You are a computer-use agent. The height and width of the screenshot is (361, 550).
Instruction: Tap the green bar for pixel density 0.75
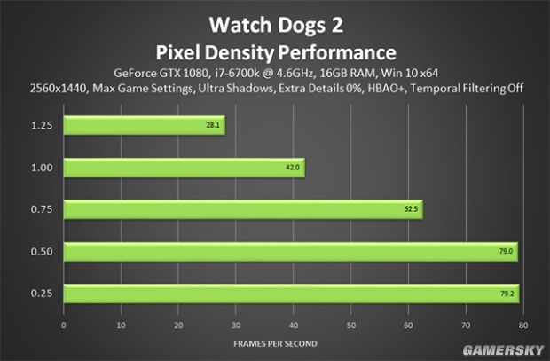pyautogui.click(x=241, y=209)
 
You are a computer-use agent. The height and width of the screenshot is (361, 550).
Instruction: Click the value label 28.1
pyautogui.click(x=212, y=125)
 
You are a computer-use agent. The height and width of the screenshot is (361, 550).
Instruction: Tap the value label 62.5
pyautogui.click(x=410, y=209)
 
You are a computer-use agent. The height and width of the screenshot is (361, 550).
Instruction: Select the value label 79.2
pyautogui.click(x=506, y=294)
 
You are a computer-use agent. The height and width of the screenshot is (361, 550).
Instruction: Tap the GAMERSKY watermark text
pyautogui.click(x=507, y=347)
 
